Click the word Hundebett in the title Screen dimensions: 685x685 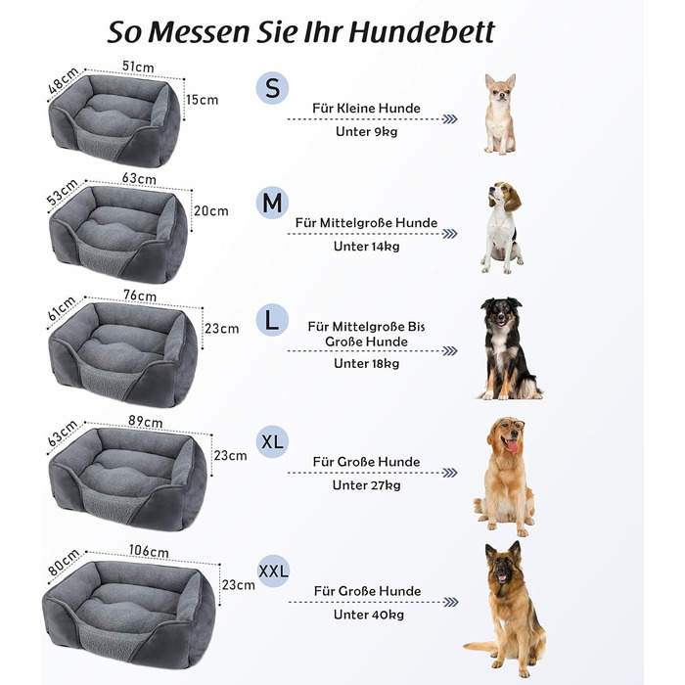coord(421,32)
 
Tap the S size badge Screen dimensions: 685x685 coord(272,88)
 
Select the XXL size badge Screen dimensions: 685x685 coord(273,571)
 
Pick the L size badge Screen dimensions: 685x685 coord(272,320)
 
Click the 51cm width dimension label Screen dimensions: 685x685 coord(138,67)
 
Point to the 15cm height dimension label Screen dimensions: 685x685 coord(203,100)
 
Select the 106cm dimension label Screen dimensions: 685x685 coord(149,551)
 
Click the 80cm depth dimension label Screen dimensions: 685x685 coord(64,563)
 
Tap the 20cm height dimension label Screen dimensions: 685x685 coord(211,211)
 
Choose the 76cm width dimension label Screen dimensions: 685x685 coord(140,296)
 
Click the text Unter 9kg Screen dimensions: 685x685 coord(367,131)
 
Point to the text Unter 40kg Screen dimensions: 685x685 coord(369,615)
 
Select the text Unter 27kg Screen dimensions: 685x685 coord(367,485)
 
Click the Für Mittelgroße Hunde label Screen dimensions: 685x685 coord(367,223)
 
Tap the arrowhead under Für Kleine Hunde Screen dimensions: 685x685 coord(450,119)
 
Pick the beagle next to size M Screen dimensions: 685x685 coord(502,228)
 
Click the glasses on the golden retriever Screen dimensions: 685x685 coord(512,424)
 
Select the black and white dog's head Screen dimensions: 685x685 coord(500,311)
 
